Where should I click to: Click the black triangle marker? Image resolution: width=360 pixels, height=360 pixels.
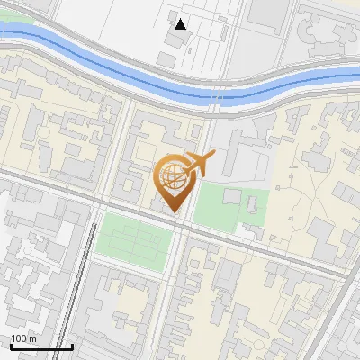(x=181, y=24)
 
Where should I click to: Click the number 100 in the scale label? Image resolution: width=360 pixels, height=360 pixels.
(x=18, y=338)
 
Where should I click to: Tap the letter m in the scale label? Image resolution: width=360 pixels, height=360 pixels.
(x=32, y=338)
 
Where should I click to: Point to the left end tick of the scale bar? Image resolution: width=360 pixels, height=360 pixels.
(x=11, y=346)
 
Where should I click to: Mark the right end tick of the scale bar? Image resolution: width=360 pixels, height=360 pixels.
(x=72, y=346)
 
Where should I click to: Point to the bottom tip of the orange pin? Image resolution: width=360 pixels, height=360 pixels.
(x=173, y=212)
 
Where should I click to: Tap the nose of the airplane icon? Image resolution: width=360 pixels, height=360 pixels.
(x=213, y=156)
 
